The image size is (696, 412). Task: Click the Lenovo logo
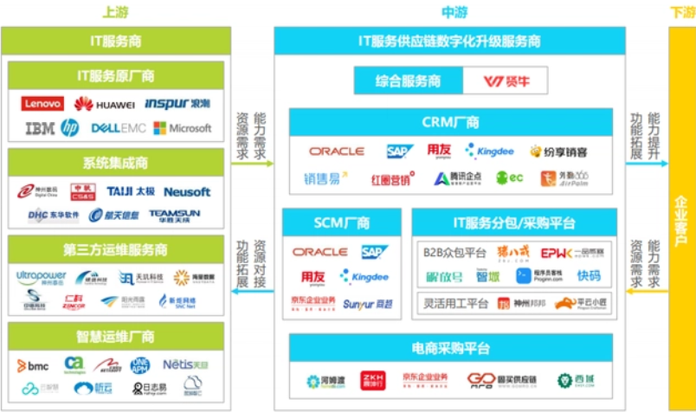point(42,105)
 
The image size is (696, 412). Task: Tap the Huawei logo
point(104,105)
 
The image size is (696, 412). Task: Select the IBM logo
point(39,128)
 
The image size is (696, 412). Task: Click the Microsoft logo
point(182,128)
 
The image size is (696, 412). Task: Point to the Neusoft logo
point(186,191)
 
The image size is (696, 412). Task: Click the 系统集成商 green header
point(115,162)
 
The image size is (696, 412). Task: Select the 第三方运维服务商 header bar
point(115,249)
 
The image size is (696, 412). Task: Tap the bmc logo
point(33,366)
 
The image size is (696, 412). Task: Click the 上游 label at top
point(115,12)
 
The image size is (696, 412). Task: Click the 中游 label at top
point(454,12)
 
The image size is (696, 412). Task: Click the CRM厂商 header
point(453,122)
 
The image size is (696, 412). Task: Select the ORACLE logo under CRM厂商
point(336,151)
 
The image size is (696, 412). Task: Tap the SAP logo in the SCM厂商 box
point(375,252)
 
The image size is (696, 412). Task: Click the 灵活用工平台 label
point(455,304)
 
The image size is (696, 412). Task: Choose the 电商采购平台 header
point(453,348)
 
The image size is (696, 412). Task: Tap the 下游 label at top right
point(681,12)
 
